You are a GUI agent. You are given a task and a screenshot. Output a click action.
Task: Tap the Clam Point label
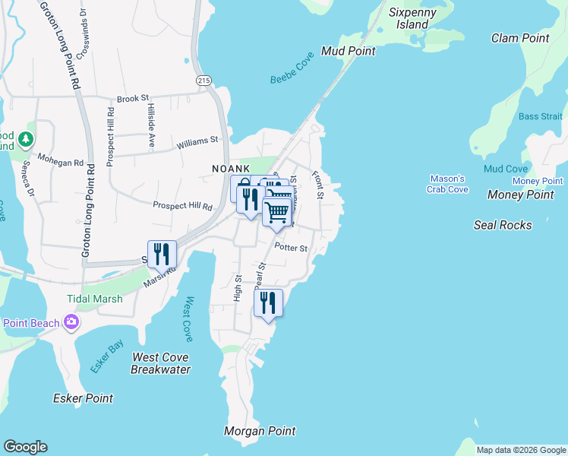point(520,38)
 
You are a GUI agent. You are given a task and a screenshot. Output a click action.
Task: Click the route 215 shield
point(203,80)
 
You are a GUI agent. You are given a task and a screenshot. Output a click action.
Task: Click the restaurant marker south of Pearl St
point(269,303)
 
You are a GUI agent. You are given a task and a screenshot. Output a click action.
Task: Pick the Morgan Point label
point(260,431)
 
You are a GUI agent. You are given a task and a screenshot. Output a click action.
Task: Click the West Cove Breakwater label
point(159,363)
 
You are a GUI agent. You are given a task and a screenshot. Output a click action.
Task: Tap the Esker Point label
point(83,398)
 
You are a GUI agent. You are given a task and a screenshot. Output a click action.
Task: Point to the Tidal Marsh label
point(94,299)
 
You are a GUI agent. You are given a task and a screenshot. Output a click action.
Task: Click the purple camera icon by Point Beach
point(71,323)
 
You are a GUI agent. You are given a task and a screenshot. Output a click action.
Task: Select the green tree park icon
point(26,139)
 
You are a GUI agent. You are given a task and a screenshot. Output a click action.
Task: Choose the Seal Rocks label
point(503,225)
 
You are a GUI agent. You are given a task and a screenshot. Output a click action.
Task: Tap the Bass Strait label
point(541,116)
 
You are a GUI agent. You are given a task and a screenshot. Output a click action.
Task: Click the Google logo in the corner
point(25,447)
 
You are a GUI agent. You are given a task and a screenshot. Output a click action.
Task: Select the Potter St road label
point(291,248)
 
